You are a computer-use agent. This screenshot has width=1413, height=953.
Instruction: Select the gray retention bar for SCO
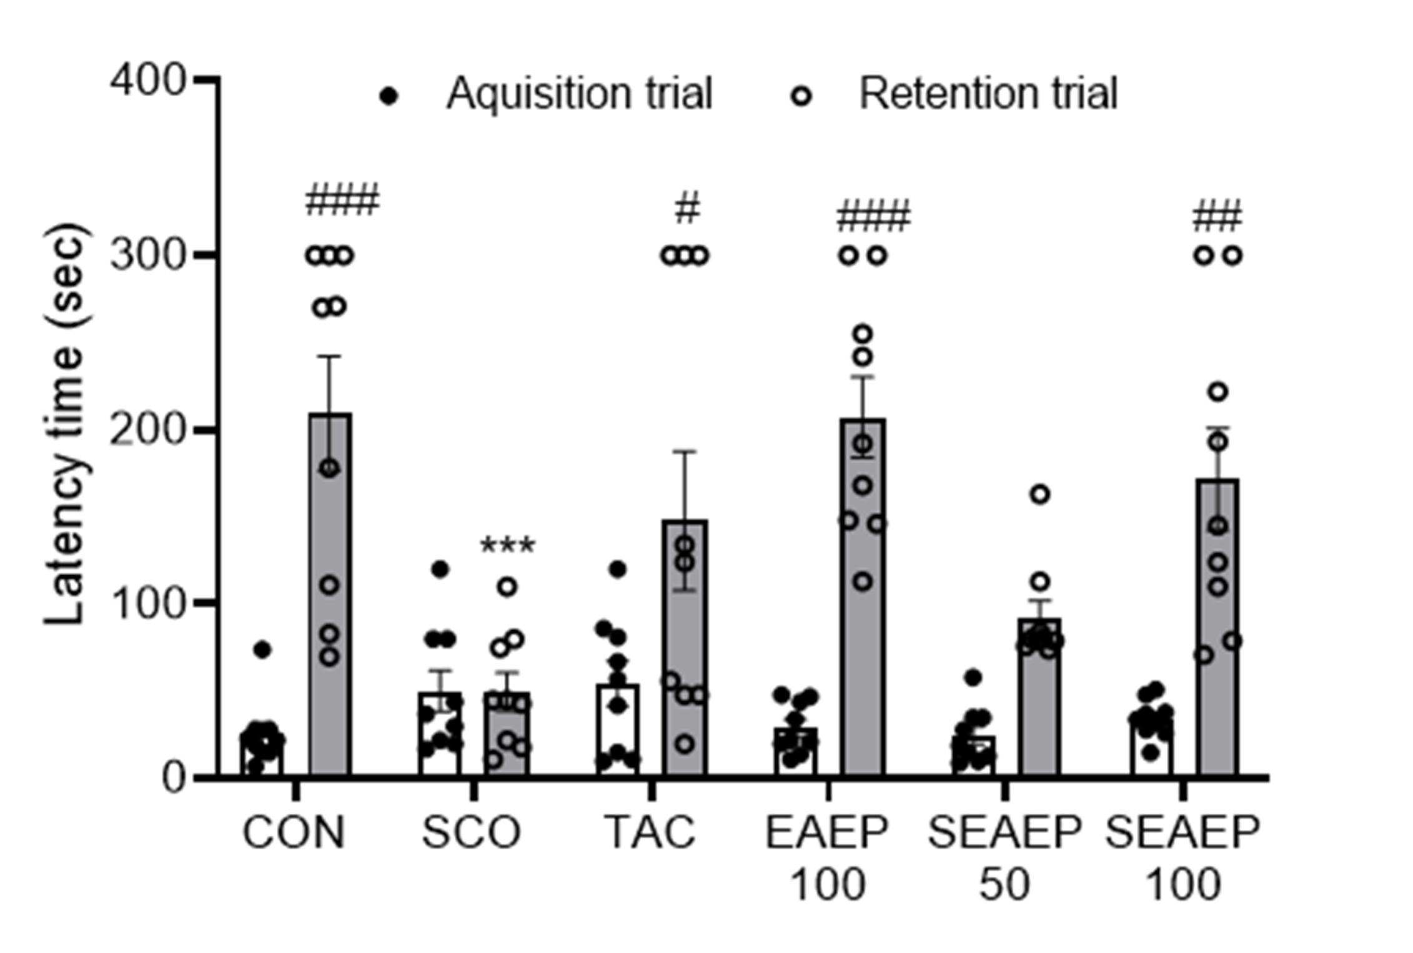click(x=507, y=734)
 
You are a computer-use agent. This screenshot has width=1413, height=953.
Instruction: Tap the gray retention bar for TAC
click(x=685, y=648)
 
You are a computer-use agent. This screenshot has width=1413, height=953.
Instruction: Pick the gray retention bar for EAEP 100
click(x=863, y=598)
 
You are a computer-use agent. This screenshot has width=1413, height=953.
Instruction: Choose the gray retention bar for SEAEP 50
click(x=1040, y=698)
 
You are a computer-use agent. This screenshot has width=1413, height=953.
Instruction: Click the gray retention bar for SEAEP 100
click(x=1217, y=628)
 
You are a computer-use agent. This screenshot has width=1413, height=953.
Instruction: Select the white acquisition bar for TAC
click(x=618, y=731)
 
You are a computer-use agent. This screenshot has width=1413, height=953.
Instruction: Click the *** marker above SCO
click(x=507, y=546)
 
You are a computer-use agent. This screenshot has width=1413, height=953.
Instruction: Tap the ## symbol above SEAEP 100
click(x=1217, y=216)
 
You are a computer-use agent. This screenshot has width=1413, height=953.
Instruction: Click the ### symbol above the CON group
click(x=342, y=199)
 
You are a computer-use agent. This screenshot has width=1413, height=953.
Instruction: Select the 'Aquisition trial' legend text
click(x=579, y=94)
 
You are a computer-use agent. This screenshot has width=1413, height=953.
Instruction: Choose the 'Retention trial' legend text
click(x=988, y=94)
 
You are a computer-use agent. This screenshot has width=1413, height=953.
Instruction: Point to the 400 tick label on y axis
click(x=148, y=81)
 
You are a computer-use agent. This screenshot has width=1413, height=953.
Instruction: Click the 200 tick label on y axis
click(x=148, y=430)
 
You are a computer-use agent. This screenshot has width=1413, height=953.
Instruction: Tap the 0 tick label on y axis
click(x=174, y=778)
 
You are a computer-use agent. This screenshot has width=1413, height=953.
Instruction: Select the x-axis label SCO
click(x=472, y=832)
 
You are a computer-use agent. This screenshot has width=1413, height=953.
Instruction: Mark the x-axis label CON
click(x=294, y=832)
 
